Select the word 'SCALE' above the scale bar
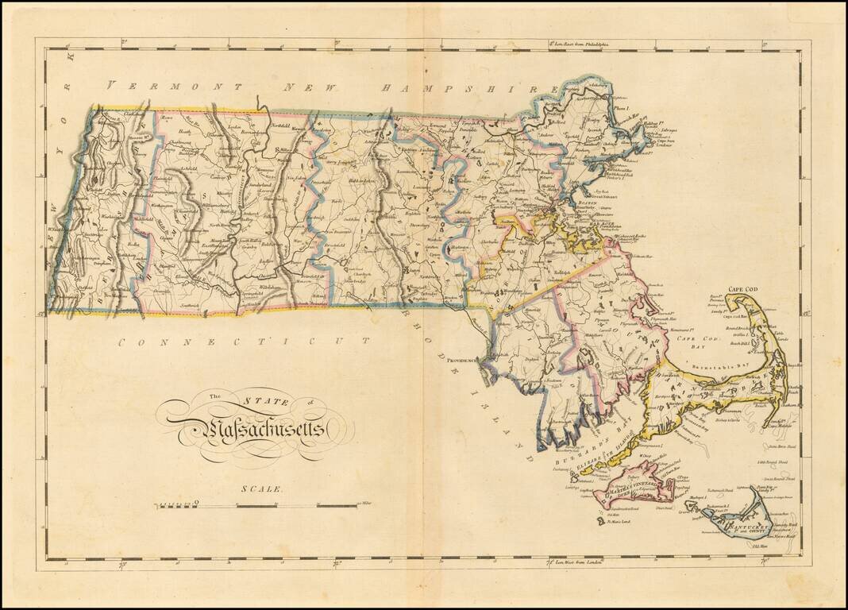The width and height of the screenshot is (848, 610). (x=261, y=488)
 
